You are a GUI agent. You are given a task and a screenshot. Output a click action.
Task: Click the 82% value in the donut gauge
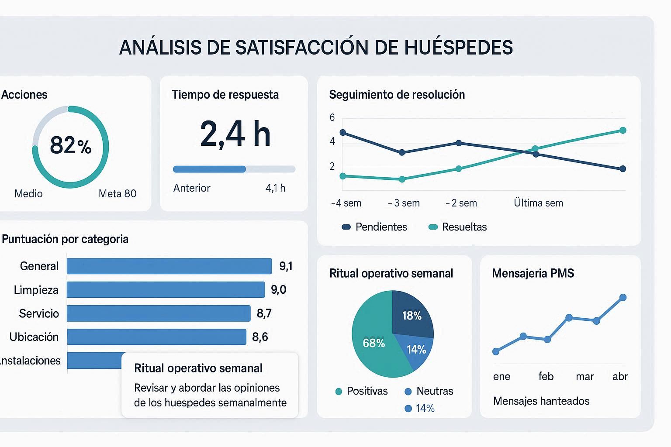pyautogui.click(x=70, y=145)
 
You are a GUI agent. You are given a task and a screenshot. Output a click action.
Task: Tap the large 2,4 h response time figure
pyautogui.click(x=235, y=134)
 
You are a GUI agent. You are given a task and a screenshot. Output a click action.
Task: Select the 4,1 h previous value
pyautogui.click(x=275, y=188)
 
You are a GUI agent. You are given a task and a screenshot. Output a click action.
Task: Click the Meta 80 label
pyautogui.click(x=118, y=194)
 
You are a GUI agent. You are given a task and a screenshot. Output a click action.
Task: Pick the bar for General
pyautogui.click(x=169, y=266)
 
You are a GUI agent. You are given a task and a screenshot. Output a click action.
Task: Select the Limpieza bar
pyautogui.click(x=166, y=290)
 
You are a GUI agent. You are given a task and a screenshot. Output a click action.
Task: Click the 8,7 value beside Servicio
pyautogui.click(x=264, y=313)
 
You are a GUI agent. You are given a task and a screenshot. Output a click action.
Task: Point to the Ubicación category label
pyautogui.click(x=34, y=337)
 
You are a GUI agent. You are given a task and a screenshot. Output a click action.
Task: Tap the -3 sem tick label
pyautogui.click(x=404, y=203)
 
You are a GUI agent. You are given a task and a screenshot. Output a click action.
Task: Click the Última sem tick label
pyautogui.click(x=538, y=203)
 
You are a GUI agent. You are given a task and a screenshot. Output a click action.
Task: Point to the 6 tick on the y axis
pyautogui.click(x=332, y=117)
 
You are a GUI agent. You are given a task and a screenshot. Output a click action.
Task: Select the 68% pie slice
pyautogui.click(x=374, y=343)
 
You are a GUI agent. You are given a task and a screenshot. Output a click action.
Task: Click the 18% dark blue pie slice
pyautogui.click(x=412, y=316)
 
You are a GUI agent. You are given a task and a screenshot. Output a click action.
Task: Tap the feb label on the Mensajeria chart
pyautogui.click(x=546, y=376)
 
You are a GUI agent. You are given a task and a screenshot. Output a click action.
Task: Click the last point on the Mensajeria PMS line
pyautogui.click(x=623, y=298)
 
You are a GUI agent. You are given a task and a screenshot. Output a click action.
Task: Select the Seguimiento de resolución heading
pyautogui.click(x=397, y=95)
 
